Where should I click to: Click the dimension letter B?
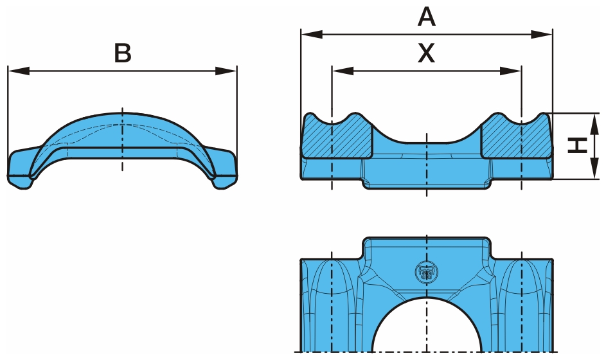(x=122, y=53)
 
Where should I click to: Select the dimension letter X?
(x=426, y=54)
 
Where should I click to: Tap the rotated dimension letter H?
(x=578, y=146)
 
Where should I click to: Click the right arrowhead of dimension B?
(x=231, y=70)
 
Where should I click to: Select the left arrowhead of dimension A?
(x=308, y=33)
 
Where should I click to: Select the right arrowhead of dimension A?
(x=546, y=33)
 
